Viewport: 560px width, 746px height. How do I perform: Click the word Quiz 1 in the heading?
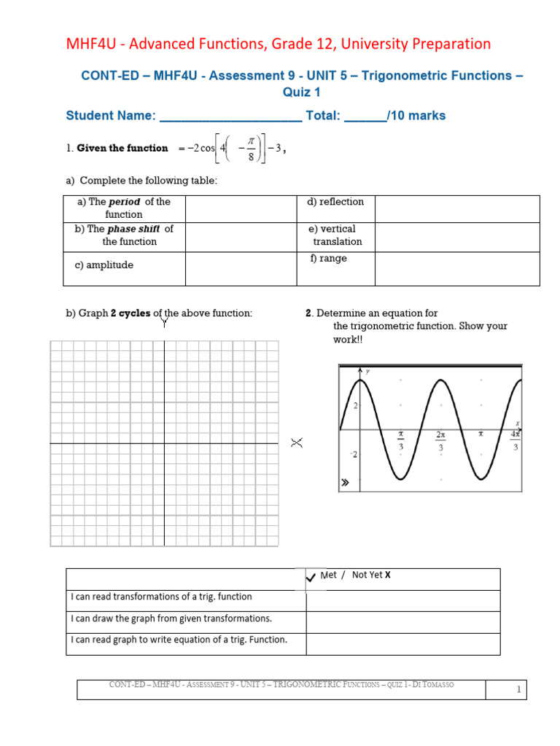301,93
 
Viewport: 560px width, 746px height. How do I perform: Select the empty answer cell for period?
241,208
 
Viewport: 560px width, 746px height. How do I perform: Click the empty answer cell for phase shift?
241,235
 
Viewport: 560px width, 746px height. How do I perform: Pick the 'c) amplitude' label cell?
104,265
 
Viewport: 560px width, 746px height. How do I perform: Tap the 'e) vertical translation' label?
336,235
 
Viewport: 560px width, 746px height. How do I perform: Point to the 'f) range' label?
328,259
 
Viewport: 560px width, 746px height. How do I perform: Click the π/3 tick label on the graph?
400,440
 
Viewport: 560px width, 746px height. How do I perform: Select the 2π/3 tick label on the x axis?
440,440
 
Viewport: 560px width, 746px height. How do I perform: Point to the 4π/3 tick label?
516,440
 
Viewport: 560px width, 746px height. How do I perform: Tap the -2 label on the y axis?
354,455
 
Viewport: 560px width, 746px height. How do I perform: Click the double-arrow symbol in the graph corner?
345,482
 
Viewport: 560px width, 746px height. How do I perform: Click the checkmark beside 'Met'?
311,577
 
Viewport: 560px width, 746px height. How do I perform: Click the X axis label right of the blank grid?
297,443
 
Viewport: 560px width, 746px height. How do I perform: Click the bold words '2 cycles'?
131,313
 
